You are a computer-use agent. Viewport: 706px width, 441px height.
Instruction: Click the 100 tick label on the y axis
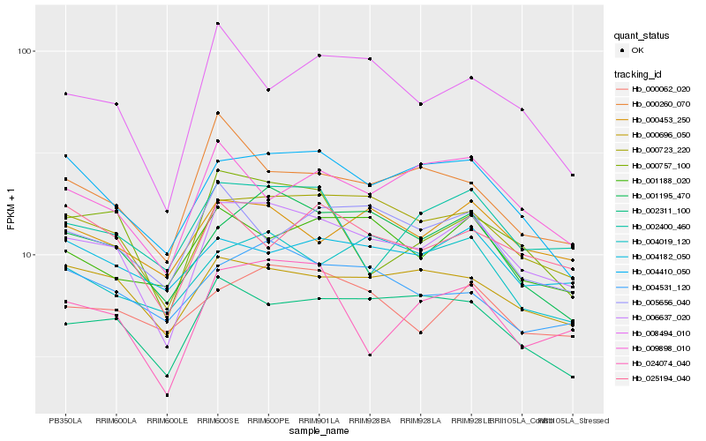pos(24,51)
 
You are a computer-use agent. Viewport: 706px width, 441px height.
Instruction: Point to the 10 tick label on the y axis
pos(26,254)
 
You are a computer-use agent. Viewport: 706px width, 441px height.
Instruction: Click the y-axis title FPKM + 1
pos(11,210)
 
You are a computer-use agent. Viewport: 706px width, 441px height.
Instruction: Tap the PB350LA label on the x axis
pos(64,421)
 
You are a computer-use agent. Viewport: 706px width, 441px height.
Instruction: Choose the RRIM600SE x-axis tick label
pos(217,421)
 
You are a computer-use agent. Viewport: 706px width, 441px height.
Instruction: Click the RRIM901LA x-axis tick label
pos(319,421)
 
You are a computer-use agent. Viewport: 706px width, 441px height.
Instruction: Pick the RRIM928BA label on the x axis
pos(370,421)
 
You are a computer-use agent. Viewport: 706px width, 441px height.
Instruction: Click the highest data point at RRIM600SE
pos(217,24)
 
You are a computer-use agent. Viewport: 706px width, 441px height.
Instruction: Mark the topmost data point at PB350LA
pos(65,93)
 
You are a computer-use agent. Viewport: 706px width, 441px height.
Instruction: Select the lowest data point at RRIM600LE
pos(167,394)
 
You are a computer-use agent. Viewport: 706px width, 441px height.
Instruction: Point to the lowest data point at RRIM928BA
pos(370,355)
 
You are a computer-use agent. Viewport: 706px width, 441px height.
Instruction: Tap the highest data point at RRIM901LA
pos(319,56)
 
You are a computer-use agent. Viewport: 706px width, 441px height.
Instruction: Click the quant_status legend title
pos(644,35)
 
